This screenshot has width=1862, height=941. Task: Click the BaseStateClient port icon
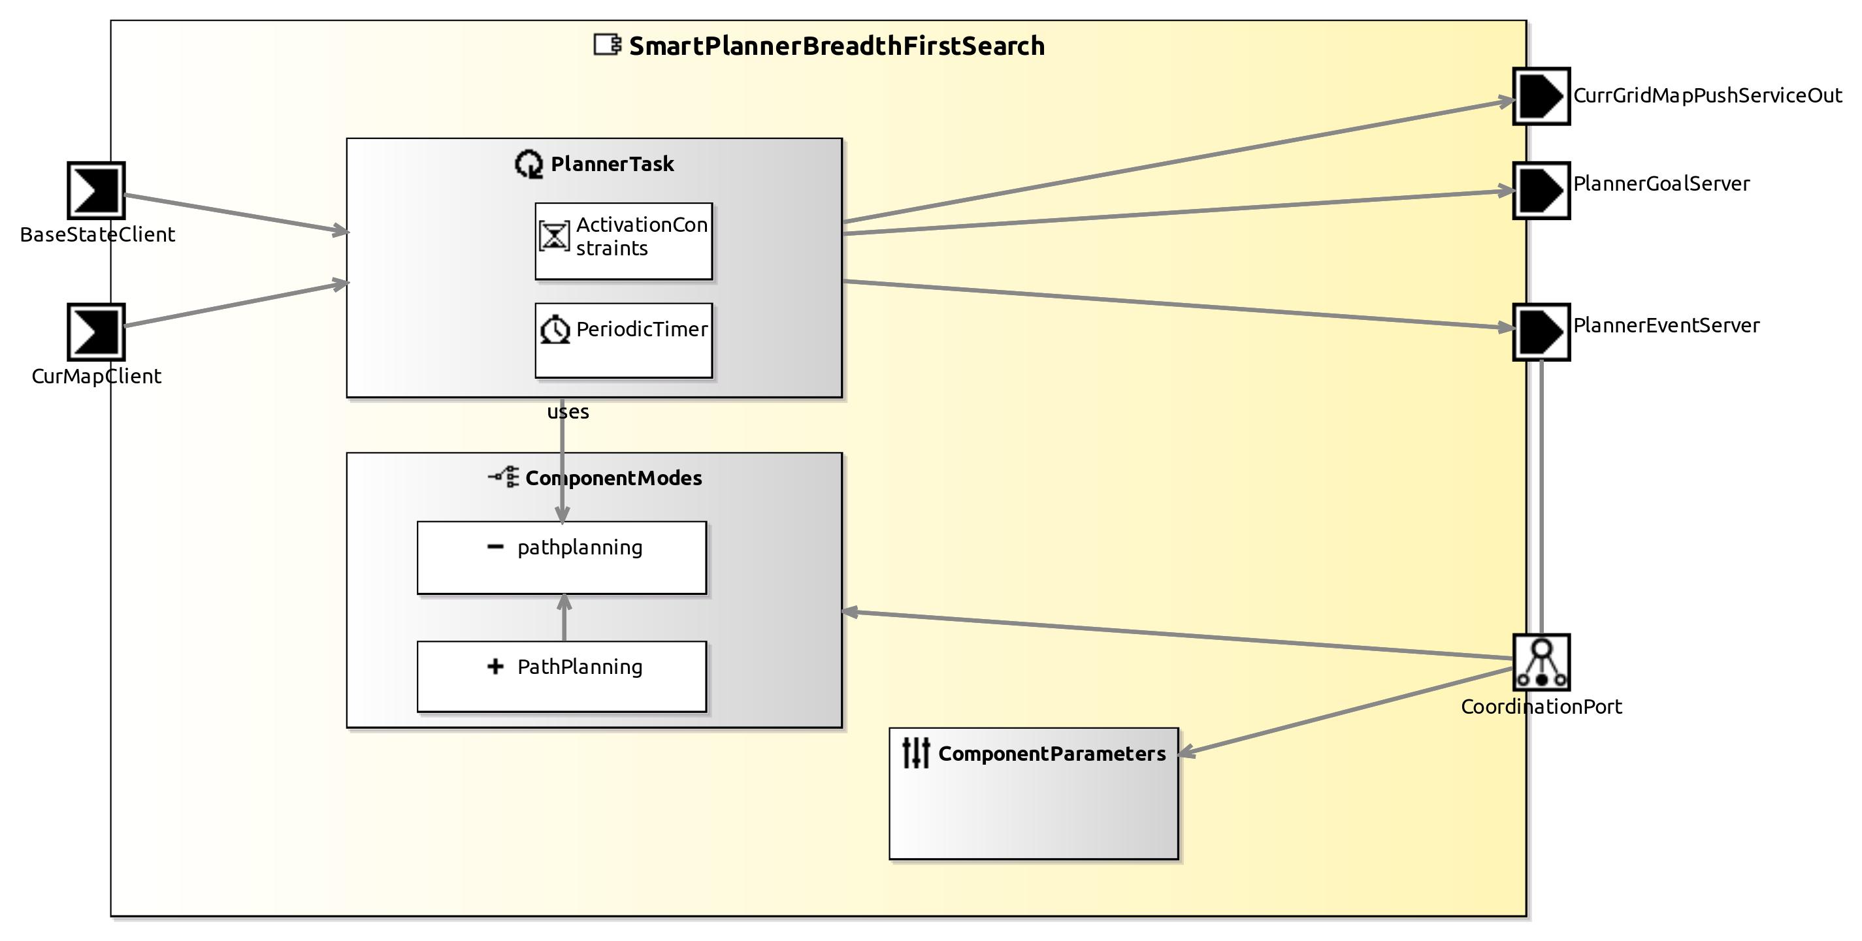pos(96,191)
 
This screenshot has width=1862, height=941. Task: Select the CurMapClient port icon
pos(96,332)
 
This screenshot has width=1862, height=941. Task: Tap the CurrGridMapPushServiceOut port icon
pos(1541,97)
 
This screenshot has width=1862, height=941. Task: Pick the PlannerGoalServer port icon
pos(1541,191)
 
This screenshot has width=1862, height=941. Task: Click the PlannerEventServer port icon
pos(1541,332)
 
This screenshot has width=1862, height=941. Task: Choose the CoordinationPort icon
pos(1541,662)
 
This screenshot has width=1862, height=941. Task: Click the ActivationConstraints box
pos(623,242)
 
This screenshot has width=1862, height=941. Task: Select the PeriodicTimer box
pos(623,340)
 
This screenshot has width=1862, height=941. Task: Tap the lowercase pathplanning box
pos(562,558)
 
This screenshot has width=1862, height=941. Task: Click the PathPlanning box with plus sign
pos(562,677)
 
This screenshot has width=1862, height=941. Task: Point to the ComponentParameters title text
pos(1051,754)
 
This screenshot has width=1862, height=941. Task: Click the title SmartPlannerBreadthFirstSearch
pos(836,46)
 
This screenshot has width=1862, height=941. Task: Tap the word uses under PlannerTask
pos(568,412)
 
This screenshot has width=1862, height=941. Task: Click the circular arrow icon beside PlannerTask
pos(529,164)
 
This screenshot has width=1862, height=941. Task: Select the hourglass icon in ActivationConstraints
pos(555,236)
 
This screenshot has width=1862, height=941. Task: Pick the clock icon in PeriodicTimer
pos(555,330)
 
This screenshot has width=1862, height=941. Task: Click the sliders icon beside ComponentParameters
pos(916,752)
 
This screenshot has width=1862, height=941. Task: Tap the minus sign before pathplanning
pos(495,547)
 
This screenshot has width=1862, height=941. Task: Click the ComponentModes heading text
pos(613,479)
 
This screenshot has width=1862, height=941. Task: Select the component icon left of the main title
pos(606,45)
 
